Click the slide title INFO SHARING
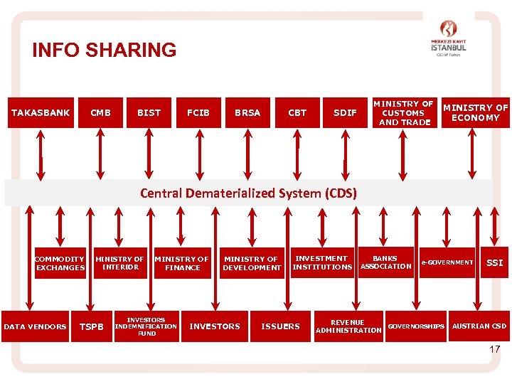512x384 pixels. (x=104, y=50)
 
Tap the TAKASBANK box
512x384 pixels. (x=41, y=112)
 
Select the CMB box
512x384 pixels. (x=100, y=112)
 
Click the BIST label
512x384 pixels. (x=149, y=112)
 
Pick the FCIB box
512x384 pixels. (x=198, y=112)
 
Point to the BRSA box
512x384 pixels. (x=247, y=112)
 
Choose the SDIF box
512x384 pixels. (x=345, y=112)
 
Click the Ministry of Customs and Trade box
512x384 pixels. (x=405, y=112)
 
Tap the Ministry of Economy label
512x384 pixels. (x=476, y=112)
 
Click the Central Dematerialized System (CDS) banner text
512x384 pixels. (x=248, y=193)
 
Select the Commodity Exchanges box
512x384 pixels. (x=60, y=263)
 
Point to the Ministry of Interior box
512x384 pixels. (x=119, y=263)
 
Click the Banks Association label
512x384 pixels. (x=385, y=262)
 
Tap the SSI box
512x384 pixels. (x=494, y=263)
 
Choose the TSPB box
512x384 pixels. (x=90, y=326)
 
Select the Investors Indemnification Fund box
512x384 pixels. (x=146, y=326)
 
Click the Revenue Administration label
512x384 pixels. (x=348, y=326)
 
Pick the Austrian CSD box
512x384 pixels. (x=480, y=326)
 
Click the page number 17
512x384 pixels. (x=495, y=349)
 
